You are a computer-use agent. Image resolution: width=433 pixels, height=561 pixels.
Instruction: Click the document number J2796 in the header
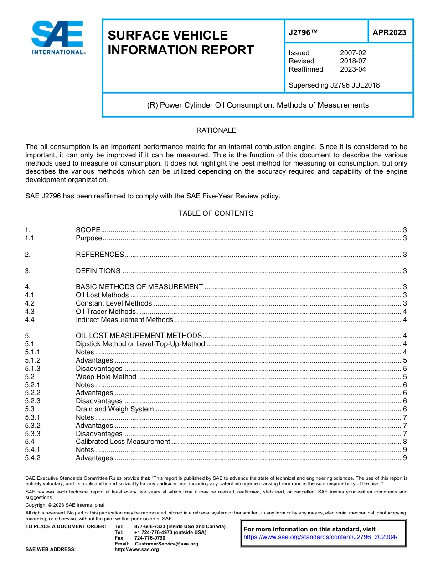[303, 32]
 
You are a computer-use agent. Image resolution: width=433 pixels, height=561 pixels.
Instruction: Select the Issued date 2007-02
[353, 53]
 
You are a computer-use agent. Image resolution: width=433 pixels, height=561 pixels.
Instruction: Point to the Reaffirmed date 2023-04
[353, 69]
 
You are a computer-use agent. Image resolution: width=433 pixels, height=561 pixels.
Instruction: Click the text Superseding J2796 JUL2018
[334, 85]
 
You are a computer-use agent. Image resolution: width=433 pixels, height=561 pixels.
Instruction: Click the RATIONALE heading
[216, 130]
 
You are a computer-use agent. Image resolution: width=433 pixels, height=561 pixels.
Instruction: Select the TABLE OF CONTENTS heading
[216, 213]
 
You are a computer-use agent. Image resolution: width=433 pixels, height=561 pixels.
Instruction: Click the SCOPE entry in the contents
[88, 230]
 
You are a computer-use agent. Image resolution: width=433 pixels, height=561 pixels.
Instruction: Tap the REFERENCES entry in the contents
[100, 255]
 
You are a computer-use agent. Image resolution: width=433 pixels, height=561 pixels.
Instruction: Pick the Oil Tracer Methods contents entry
[106, 312]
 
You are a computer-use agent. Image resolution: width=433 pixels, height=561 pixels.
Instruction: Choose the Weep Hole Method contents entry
[106, 377]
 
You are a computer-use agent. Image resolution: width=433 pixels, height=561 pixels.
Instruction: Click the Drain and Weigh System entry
[114, 409]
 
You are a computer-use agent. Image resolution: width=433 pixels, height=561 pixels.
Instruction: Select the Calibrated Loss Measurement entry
[123, 442]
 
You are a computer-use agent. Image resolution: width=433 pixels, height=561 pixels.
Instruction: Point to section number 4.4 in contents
[30, 320]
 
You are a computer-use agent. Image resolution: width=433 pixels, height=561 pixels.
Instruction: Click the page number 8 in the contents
[405, 442]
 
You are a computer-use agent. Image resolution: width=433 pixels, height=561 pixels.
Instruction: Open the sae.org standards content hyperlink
[320, 537]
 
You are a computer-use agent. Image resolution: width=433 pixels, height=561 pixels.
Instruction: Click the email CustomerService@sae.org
[166, 544]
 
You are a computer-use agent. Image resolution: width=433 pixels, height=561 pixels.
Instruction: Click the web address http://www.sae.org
[137, 550]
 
